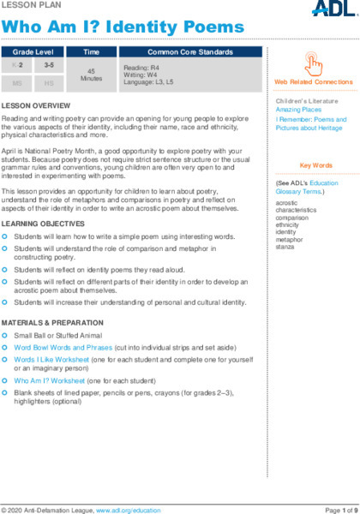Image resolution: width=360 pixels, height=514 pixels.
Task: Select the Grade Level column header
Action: [32, 52]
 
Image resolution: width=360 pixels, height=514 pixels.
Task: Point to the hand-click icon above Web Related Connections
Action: [314, 64]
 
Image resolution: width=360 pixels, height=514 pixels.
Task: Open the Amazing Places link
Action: [292, 111]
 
